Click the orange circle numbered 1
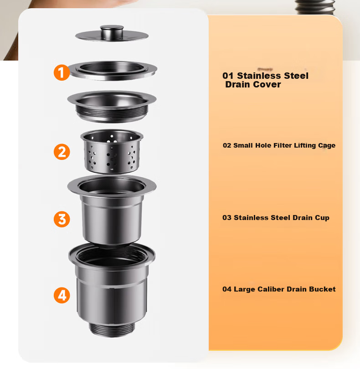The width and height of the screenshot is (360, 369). tap(62, 72)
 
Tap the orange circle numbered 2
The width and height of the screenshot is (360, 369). tap(62, 152)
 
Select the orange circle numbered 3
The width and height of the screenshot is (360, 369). tap(62, 219)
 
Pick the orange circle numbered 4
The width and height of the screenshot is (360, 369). tap(62, 295)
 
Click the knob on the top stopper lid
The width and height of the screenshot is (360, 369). tap(112, 31)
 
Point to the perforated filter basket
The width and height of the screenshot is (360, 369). tap(112, 151)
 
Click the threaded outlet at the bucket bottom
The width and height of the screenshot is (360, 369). tap(112, 329)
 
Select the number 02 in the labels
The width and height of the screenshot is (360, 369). tap(227, 145)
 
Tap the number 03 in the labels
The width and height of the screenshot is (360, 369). tap(227, 217)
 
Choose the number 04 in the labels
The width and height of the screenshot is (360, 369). tap(227, 289)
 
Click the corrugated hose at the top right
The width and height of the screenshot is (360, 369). tap(315, 7)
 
